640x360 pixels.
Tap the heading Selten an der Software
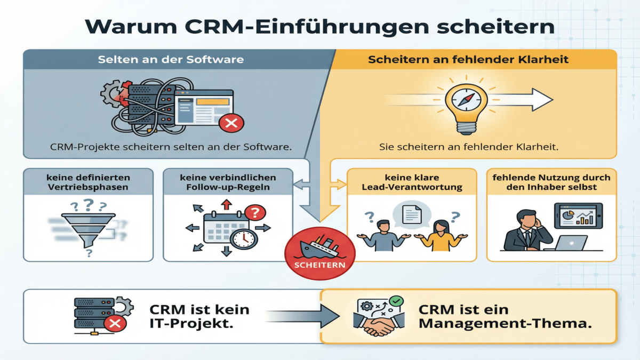click(x=171, y=59)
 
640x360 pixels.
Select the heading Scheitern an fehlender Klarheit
click(x=468, y=59)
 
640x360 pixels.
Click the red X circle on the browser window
click(x=231, y=124)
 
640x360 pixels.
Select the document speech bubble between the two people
click(x=412, y=214)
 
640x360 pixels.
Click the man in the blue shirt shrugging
click(x=383, y=236)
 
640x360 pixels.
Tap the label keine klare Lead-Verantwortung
click(x=411, y=182)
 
